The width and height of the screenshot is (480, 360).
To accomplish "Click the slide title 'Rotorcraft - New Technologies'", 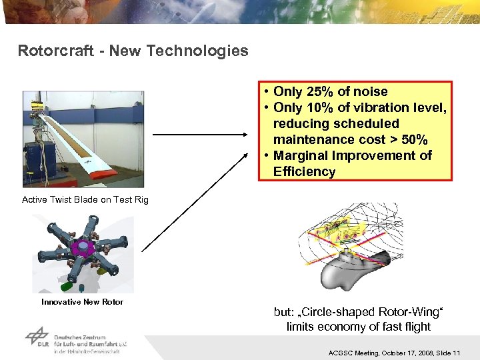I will (x=133, y=51).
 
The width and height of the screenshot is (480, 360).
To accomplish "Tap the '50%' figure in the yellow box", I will (x=413, y=140).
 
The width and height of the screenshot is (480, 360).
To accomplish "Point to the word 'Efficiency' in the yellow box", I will (x=304, y=172).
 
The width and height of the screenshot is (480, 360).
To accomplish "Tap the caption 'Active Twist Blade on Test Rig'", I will (x=85, y=200).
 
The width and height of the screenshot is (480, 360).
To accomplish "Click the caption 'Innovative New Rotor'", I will (x=82, y=302).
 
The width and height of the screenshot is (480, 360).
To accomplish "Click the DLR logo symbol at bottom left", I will (x=38, y=336).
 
